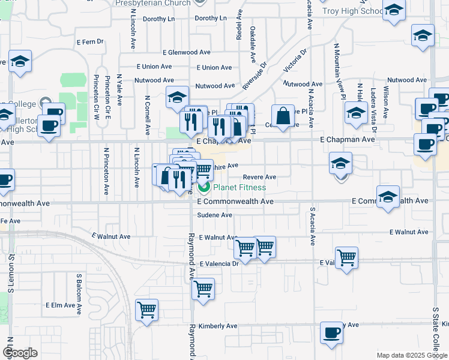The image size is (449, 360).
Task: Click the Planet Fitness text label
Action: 240,188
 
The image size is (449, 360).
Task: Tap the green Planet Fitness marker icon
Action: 203,188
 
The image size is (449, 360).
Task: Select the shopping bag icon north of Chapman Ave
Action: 282,115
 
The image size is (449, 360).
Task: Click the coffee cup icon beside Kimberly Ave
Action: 331,332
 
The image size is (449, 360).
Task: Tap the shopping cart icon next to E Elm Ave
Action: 146,310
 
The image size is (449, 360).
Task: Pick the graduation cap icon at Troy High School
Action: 394,10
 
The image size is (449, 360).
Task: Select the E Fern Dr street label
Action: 91,42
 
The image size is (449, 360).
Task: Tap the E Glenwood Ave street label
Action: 171,53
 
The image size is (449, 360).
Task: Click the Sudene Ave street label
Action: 214,215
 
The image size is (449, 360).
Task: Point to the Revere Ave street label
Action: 259,177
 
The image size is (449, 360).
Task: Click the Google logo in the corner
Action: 20,353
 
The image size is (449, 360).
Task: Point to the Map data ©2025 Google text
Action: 411,355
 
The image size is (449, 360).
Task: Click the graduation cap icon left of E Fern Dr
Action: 20,61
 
